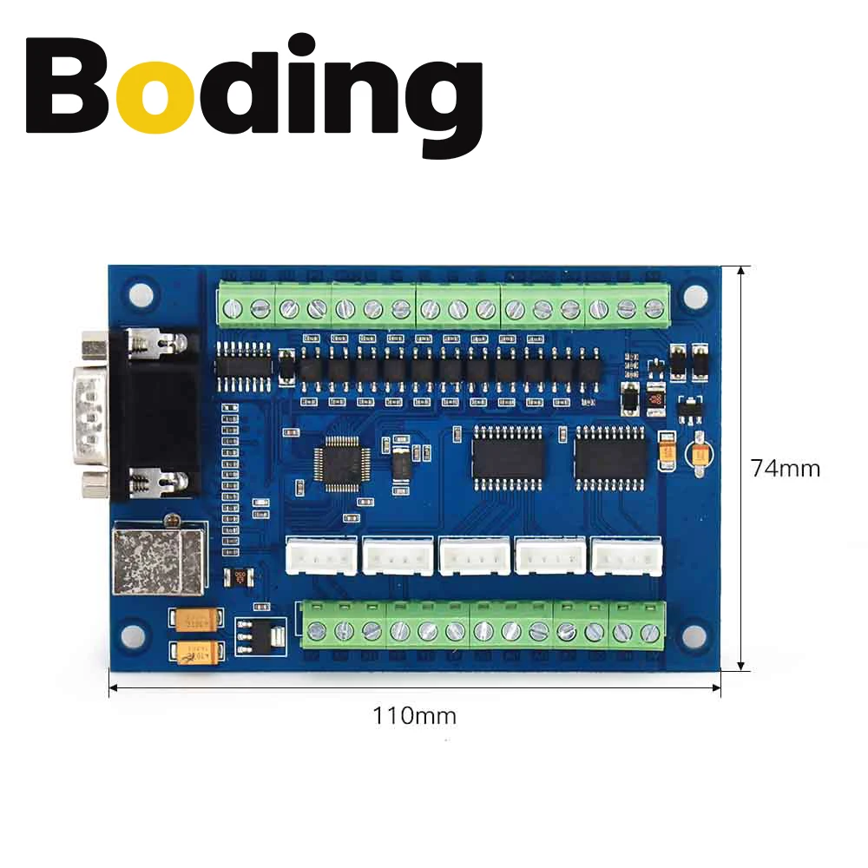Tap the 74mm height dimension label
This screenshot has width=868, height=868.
coord(786,469)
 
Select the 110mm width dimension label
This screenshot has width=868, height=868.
coord(414,716)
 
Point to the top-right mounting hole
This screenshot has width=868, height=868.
coord(694,296)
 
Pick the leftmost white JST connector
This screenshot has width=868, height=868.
coord(321,556)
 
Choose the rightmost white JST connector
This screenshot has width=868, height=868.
coord(626,556)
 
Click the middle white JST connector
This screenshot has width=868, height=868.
coord(474,556)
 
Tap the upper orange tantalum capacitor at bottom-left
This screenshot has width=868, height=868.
coord(199,620)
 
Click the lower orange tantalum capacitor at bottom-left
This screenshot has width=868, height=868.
coord(200,653)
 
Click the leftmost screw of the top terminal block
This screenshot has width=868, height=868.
coord(233,307)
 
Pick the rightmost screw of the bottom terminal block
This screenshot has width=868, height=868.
coord(648,632)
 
